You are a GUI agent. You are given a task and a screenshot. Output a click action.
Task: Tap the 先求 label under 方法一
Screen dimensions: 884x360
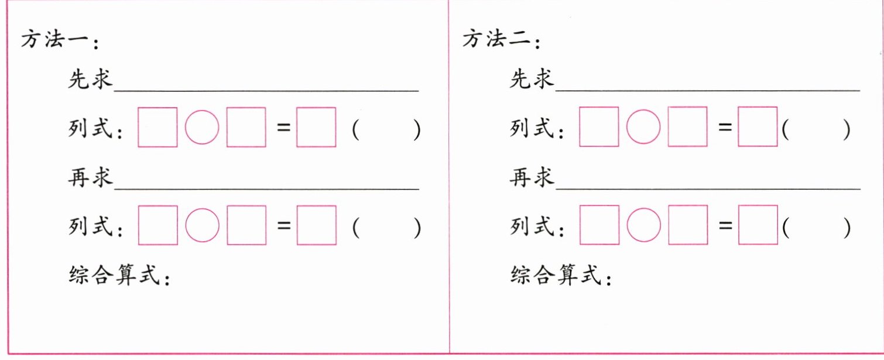click(x=90, y=80)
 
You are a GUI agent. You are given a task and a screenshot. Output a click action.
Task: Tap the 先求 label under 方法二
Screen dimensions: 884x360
click(x=532, y=80)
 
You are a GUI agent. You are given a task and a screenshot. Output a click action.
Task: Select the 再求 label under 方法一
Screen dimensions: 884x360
click(x=90, y=178)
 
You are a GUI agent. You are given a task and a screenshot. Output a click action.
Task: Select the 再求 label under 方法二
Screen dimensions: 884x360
click(x=532, y=178)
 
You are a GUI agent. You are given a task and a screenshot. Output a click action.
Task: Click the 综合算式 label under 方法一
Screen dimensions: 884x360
click(x=115, y=275)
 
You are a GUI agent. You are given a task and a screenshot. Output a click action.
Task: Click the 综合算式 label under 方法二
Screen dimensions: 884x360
click(x=557, y=275)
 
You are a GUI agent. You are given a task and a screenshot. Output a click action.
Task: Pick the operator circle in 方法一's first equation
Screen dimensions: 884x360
click(x=202, y=127)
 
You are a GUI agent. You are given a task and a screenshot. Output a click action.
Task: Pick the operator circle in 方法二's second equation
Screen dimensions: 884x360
click(x=643, y=225)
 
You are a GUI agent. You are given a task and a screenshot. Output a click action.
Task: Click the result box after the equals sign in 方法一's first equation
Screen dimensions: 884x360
click(x=316, y=127)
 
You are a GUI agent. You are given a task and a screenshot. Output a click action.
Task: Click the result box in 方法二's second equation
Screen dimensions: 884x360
click(x=758, y=225)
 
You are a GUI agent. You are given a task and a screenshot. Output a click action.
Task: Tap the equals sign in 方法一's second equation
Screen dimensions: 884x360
click(x=284, y=225)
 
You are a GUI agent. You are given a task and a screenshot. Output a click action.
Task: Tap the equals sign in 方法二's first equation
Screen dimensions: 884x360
click(x=725, y=127)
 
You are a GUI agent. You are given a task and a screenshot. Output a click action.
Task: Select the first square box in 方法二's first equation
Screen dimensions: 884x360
click(x=598, y=127)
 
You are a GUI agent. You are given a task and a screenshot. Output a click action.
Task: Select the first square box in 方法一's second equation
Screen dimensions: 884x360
click(x=157, y=225)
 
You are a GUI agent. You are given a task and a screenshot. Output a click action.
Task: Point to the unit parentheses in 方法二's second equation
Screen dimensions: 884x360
click(x=816, y=228)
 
